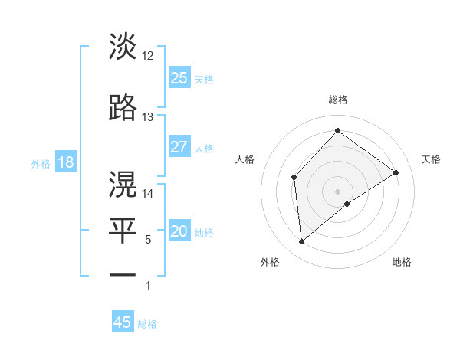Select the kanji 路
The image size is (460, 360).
pyautogui.click(x=123, y=108)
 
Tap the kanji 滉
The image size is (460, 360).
pyautogui.click(x=123, y=184)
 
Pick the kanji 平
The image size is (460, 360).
pyautogui.click(x=123, y=229)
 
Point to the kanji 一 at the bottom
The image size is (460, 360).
pyautogui.click(x=123, y=273)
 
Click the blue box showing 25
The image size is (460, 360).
pyautogui.click(x=179, y=78)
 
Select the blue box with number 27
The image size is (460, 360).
pyautogui.click(x=179, y=147)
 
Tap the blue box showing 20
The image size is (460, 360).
pyautogui.click(x=179, y=232)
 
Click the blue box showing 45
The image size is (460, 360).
pyautogui.click(x=123, y=322)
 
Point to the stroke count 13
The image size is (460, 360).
pyautogui.click(x=148, y=117)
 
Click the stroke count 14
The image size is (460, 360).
pyautogui.click(x=148, y=194)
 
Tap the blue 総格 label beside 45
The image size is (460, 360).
pyautogui.click(x=147, y=324)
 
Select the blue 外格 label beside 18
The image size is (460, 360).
pyautogui.click(x=40, y=164)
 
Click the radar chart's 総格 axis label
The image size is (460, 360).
pyautogui.click(x=338, y=100)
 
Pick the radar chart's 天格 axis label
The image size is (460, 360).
pyautogui.click(x=431, y=159)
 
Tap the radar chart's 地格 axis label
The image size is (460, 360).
pyautogui.click(x=402, y=262)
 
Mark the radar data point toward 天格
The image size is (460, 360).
pyautogui.click(x=396, y=172)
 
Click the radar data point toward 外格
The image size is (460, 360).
pyautogui.click(x=302, y=242)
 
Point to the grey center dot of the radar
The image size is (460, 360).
pyautogui.click(x=338, y=191)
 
